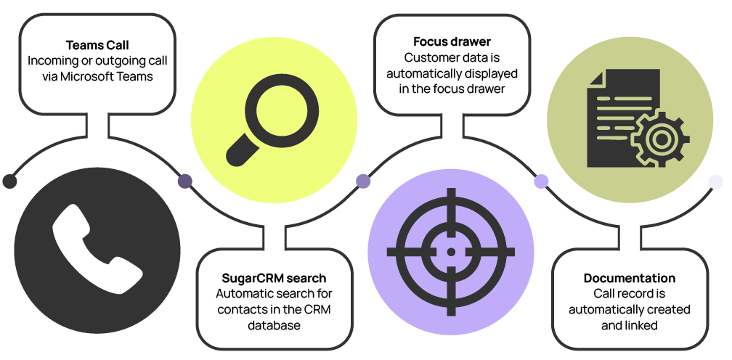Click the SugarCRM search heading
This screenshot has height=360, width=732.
coord(274,278)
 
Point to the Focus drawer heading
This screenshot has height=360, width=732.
coord(451,41)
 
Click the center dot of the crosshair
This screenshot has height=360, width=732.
coord(451,251)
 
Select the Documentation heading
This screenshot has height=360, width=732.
coord(629,278)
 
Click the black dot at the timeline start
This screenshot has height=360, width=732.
coord(9,181)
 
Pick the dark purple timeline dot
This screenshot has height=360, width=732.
coord(185,181)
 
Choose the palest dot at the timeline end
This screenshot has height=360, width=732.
coord(715,181)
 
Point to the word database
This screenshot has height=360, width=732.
coord(273,326)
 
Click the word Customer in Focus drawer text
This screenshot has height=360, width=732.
coord(428,57)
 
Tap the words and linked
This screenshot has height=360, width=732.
coord(629,325)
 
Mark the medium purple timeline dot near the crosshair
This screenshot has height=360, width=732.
coord(362,181)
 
